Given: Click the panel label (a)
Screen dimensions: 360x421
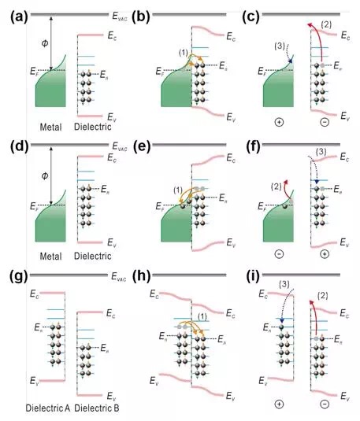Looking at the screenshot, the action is pyautogui.click(x=19, y=17).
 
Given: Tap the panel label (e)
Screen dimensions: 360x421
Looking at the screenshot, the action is pyautogui.click(x=141, y=147).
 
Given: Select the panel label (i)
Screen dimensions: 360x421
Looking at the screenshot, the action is pyautogui.click(x=253, y=277).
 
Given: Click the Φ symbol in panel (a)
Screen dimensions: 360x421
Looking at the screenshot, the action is pyautogui.click(x=45, y=43).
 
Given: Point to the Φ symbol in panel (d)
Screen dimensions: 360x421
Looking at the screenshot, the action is pyautogui.click(x=45, y=175).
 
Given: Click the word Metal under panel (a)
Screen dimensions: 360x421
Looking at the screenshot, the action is pyautogui.click(x=50, y=127).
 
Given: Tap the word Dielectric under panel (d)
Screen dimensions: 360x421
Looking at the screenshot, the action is pyautogui.click(x=92, y=256).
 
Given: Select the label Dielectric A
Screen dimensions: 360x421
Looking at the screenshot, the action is pyautogui.click(x=48, y=408).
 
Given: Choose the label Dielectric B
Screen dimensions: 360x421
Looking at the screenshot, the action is pyautogui.click(x=97, y=408).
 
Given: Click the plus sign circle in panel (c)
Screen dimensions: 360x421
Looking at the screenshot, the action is pyautogui.click(x=279, y=123).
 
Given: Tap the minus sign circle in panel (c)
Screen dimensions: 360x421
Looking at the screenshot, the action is pyautogui.click(x=325, y=123).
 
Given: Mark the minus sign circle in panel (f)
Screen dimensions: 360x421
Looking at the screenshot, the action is pyautogui.click(x=279, y=253).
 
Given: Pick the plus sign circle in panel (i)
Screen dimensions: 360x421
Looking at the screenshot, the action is pyautogui.click(x=279, y=404).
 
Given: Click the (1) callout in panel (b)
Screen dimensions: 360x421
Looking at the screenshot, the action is pyautogui.click(x=184, y=53).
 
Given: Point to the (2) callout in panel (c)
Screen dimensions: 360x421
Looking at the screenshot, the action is pyautogui.click(x=326, y=25).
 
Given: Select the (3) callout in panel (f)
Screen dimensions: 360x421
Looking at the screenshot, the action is pyautogui.click(x=321, y=152).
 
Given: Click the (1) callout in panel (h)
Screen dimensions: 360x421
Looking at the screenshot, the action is pyautogui.click(x=202, y=317).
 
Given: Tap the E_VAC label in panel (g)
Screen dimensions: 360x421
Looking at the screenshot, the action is pyautogui.click(x=119, y=276).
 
